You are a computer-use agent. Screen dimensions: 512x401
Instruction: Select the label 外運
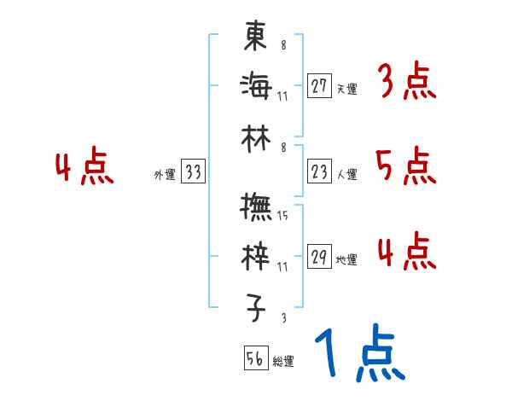click(x=165, y=175)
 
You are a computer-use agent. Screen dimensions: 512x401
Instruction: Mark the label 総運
click(x=283, y=362)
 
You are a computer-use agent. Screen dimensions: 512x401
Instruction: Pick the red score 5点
click(x=405, y=166)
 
